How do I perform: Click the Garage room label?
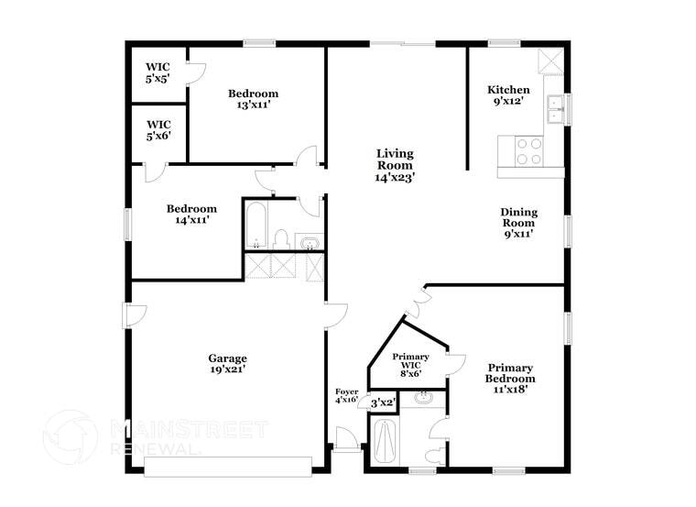click(x=226, y=363)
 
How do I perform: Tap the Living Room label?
click(x=395, y=166)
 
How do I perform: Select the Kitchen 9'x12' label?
click(x=508, y=95)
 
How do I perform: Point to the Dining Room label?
click(x=518, y=223)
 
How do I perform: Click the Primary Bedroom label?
click(x=510, y=377)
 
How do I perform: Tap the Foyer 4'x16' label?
click(x=346, y=396)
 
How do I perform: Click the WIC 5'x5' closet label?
click(x=158, y=73)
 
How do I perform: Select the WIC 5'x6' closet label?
click(x=158, y=130)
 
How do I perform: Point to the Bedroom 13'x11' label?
click(x=253, y=99)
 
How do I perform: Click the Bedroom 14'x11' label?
click(x=191, y=214)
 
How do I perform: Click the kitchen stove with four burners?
click(x=528, y=150)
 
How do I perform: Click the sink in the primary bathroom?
click(x=423, y=398)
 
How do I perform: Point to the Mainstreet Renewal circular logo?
click(x=70, y=436)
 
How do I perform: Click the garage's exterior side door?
click(x=134, y=314)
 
